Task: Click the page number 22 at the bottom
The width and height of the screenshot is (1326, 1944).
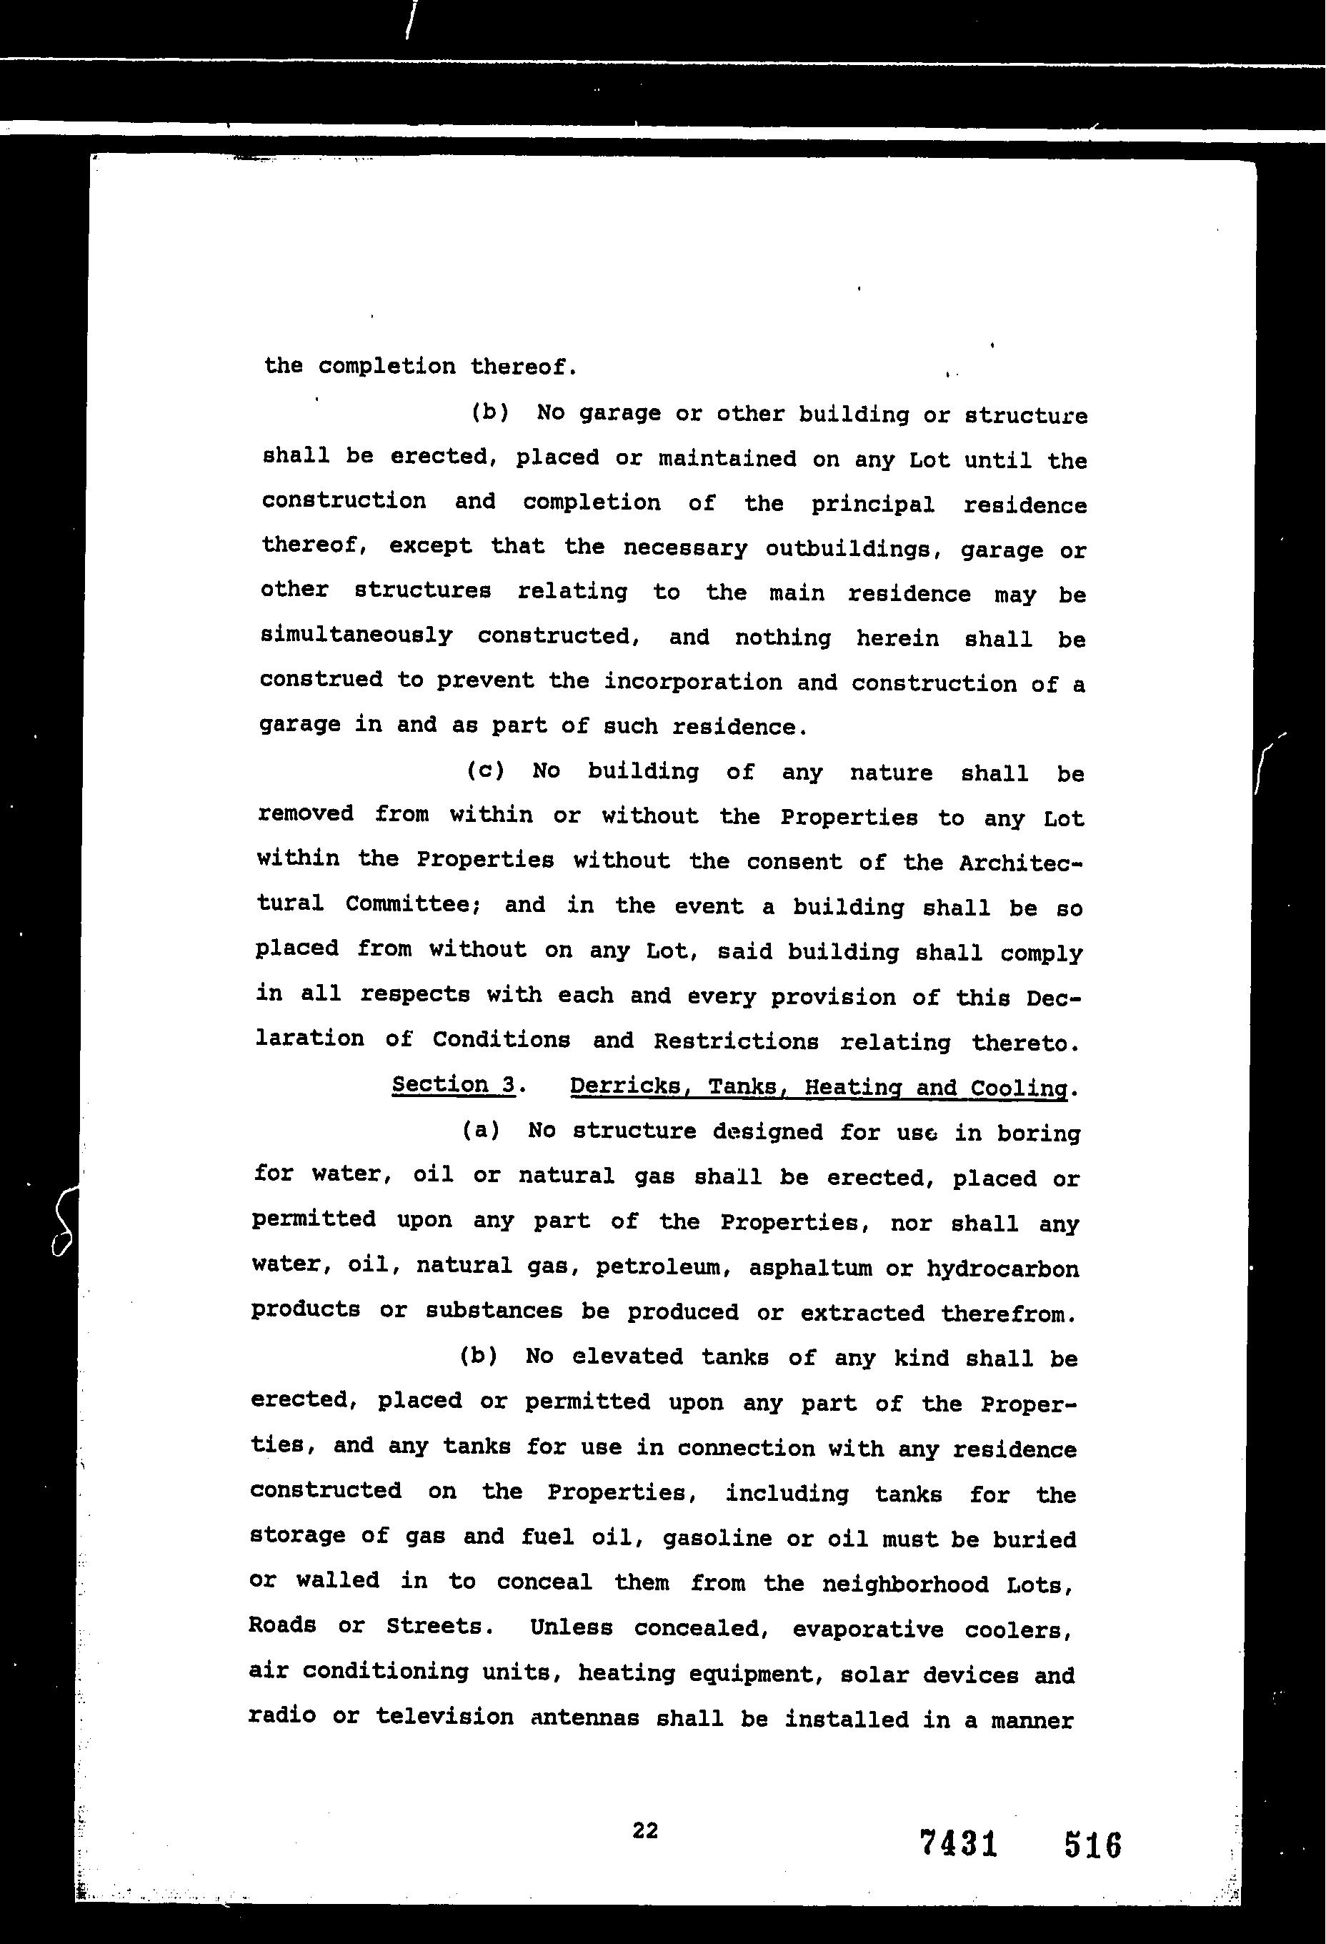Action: click(644, 1831)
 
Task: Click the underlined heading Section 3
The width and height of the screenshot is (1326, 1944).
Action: click(453, 1084)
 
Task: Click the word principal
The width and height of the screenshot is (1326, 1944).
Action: click(872, 505)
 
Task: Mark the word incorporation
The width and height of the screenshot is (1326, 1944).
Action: click(693, 682)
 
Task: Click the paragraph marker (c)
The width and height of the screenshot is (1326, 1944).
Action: click(485, 770)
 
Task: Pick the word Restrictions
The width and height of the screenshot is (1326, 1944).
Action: click(736, 1041)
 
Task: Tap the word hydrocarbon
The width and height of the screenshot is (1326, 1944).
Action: click(1002, 1269)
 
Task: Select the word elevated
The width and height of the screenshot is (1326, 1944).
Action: click(627, 1356)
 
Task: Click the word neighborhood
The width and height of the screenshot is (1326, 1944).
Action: click(905, 1585)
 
